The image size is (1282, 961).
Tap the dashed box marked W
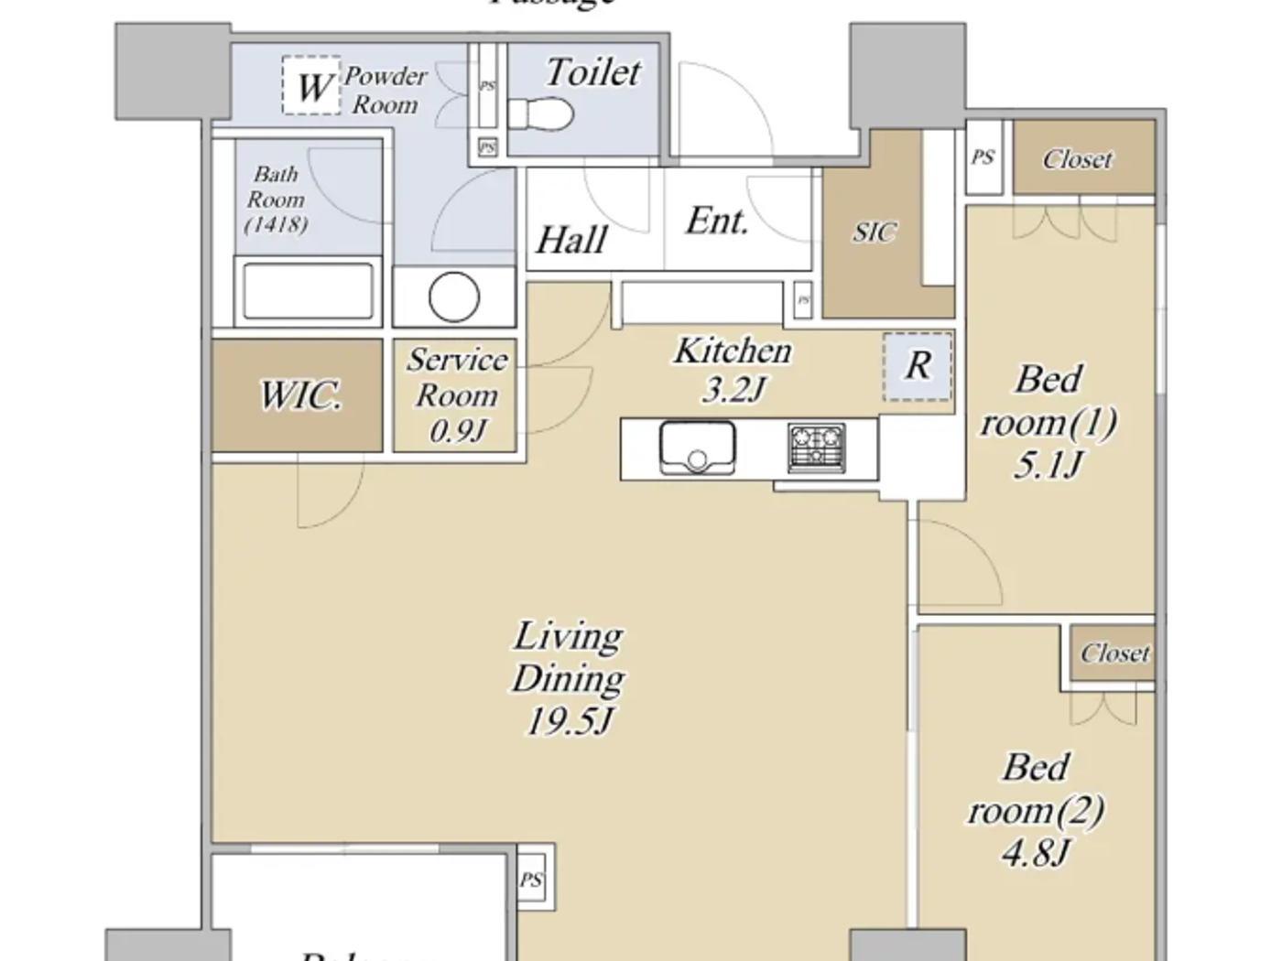point(311,86)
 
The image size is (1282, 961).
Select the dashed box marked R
point(918,366)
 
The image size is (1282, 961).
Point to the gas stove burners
point(816,448)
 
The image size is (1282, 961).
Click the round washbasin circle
point(454,297)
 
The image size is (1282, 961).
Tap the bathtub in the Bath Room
point(309,291)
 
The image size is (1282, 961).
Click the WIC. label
point(300,395)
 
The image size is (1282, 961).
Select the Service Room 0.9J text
point(457,395)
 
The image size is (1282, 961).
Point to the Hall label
point(571,240)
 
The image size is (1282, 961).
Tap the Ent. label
point(717,221)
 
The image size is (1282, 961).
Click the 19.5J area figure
point(568,721)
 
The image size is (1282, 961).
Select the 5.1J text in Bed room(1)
point(1048,465)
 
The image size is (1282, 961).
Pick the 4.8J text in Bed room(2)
point(1035,853)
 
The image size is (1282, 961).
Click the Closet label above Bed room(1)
point(1078,159)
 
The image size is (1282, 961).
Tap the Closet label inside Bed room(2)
point(1114,653)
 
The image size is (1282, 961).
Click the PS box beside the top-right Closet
point(983,157)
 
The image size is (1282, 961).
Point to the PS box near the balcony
point(531,880)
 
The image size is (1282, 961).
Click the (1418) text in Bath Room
point(276,223)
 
